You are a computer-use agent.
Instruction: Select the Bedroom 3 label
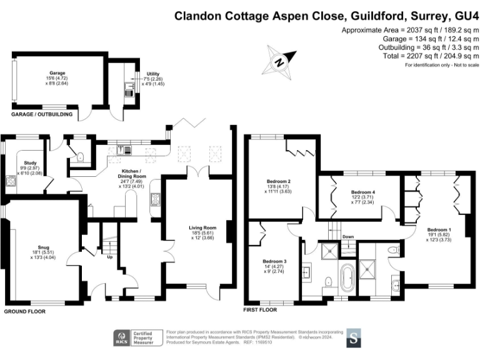tap(275, 261)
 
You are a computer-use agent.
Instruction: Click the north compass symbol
tap(281, 61)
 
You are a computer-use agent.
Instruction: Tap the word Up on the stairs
tap(111, 257)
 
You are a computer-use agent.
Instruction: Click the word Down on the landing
tap(348, 237)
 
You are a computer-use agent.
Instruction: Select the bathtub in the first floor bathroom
tap(346, 276)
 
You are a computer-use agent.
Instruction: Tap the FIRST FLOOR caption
tap(260, 309)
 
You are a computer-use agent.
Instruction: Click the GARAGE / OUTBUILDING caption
tap(41, 115)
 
